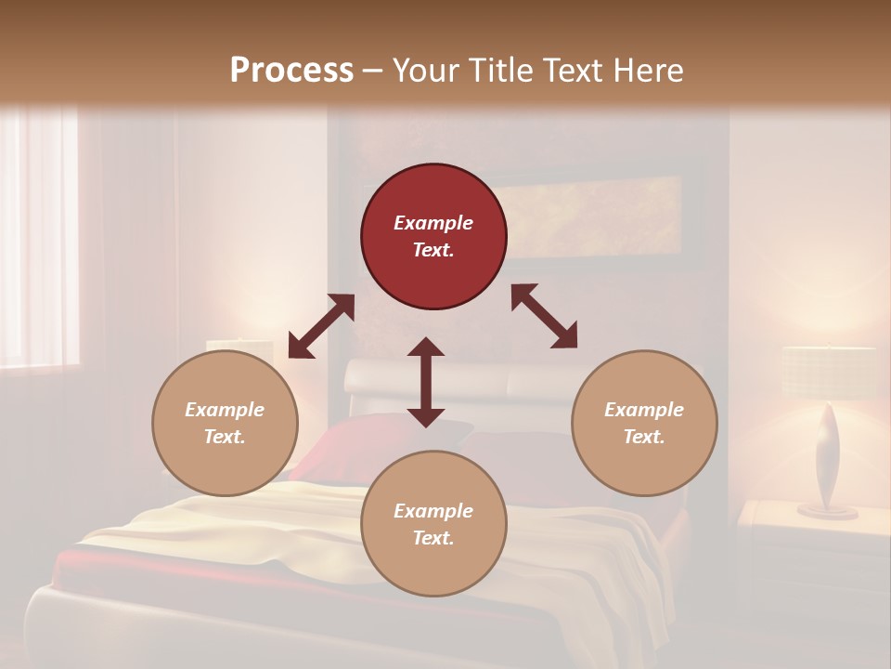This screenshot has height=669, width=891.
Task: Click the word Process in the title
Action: [291, 70]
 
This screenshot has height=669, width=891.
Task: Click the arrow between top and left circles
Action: [321, 326]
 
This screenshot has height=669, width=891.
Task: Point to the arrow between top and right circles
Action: [544, 316]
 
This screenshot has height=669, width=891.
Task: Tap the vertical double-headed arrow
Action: [426, 382]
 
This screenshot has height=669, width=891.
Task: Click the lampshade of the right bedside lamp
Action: [828, 372]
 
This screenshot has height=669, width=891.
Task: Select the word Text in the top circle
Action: [433, 250]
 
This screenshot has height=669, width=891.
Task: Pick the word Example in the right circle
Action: [644, 410]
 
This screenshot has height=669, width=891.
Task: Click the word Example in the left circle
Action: [225, 410]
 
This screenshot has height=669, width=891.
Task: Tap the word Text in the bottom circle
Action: [433, 538]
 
